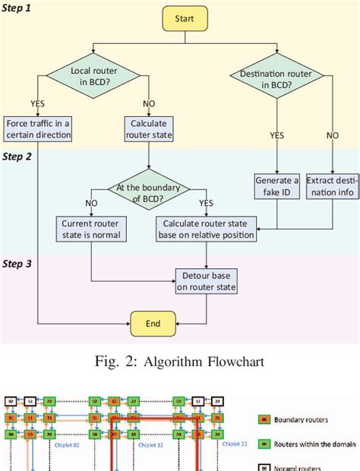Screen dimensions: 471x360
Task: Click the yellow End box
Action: coord(153,323)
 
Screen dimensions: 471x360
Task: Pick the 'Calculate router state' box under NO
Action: coord(148,129)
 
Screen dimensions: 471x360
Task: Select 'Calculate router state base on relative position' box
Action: coord(206,229)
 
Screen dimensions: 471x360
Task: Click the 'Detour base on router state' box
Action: coord(207,280)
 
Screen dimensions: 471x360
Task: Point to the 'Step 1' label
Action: coord(17,8)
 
